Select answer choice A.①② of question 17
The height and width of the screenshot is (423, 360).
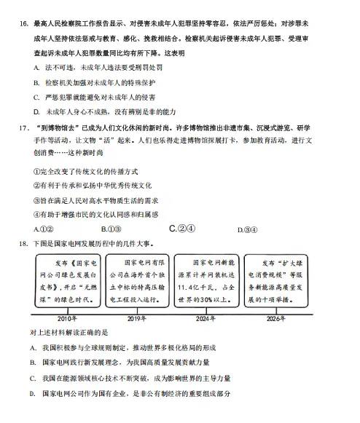pos(43,229)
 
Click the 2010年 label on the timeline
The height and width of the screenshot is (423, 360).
pos(67,319)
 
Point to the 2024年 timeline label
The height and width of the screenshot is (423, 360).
pos(206,319)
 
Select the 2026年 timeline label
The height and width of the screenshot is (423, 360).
pos(275,319)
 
